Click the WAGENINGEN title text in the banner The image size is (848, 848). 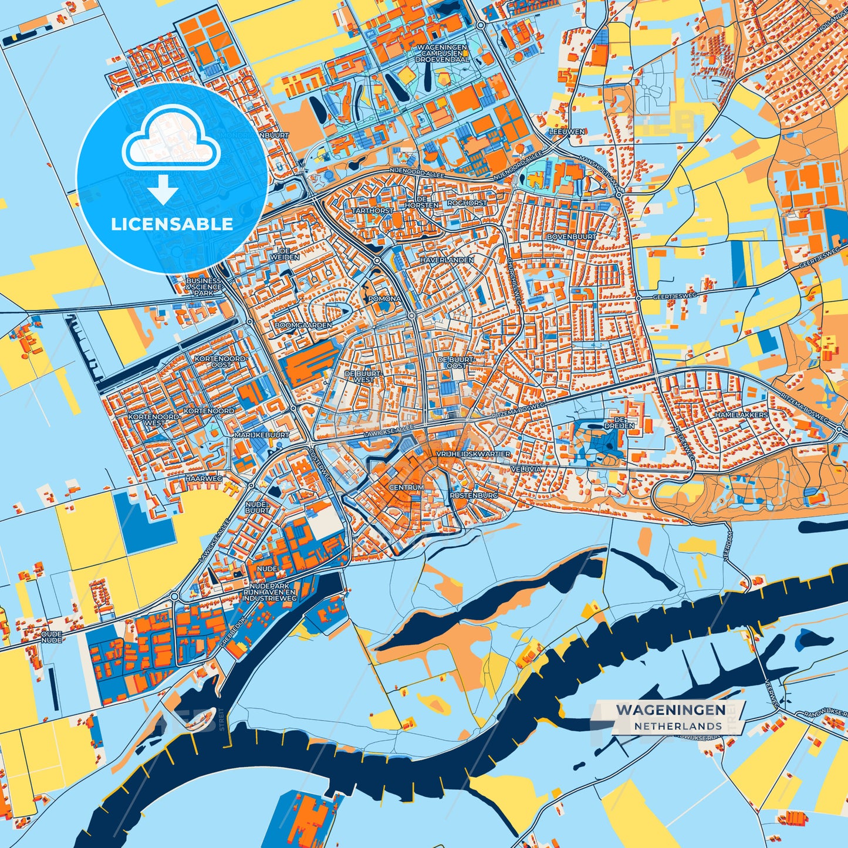point(670,710)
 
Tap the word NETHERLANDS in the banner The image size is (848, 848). point(677,726)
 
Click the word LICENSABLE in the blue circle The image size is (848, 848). point(172,224)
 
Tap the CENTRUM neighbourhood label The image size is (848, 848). point(406,488)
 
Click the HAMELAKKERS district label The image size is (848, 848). point(741,415)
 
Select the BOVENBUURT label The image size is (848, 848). point(571,237)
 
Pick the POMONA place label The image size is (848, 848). point(384,299)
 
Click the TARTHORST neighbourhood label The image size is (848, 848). point(372,210)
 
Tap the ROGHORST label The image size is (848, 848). point(467,203)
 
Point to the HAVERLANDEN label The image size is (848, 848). point(447,259)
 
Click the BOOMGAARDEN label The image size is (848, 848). point(303,325)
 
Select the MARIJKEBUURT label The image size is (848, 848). point(262,435)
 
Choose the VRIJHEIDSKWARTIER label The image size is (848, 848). point(473,454)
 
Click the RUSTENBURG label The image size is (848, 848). point(474,495)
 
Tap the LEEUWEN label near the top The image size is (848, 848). point(567,132)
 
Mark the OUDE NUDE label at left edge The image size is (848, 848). point(52,637)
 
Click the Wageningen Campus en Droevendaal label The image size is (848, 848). point(442,53)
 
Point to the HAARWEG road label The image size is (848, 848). point(204,479)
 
